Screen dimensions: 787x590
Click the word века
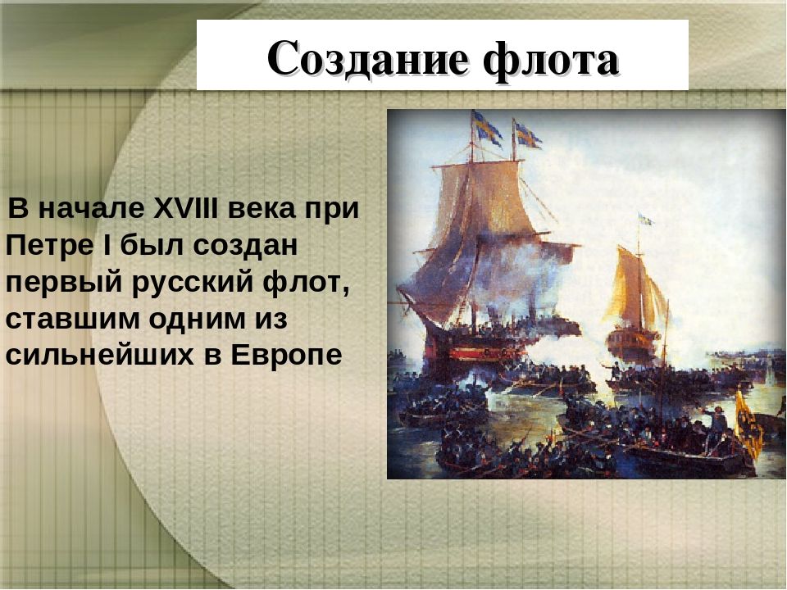pyautogui.click(x=262, y=209)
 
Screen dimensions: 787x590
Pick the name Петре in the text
pyautogui.click(x=49, y=245)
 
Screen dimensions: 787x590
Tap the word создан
pyautogui.click(x=245, y=246)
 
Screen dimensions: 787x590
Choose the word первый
pyautogui.click(x=64, y=284)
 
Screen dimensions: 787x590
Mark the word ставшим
pyautogui.click(x=72, y=320)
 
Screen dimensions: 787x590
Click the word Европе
pyautogui.click(x=287, y=356)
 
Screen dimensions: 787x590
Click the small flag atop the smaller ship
pyautogui.click(x=646, y=220)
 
